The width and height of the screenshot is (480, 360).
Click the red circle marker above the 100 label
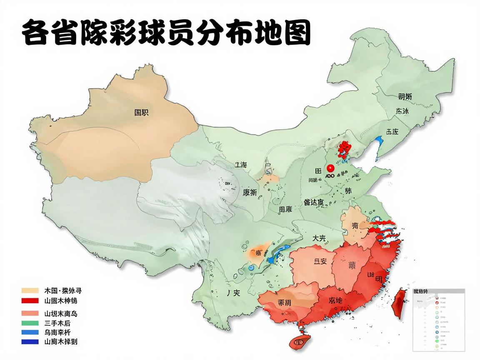[331, 168]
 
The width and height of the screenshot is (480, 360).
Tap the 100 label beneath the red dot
[329, 177]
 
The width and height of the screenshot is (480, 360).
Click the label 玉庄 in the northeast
[392, 132]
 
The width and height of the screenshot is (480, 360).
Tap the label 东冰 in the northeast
[402, 111]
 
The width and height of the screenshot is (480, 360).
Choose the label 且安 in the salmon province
[320, 261]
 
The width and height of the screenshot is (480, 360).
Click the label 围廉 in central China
[285, 210]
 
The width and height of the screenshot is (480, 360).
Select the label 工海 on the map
[240, 165]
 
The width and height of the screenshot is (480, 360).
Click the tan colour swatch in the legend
[30, 290]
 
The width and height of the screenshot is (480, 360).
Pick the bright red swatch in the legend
[30, 300]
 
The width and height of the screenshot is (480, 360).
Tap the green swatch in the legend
[30, 323]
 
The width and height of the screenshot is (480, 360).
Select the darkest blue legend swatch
[30, 342]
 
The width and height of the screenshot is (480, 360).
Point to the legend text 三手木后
[60, 323]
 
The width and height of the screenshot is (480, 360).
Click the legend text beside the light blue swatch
[60, 332]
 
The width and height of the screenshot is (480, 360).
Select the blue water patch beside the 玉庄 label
[379, 144]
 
